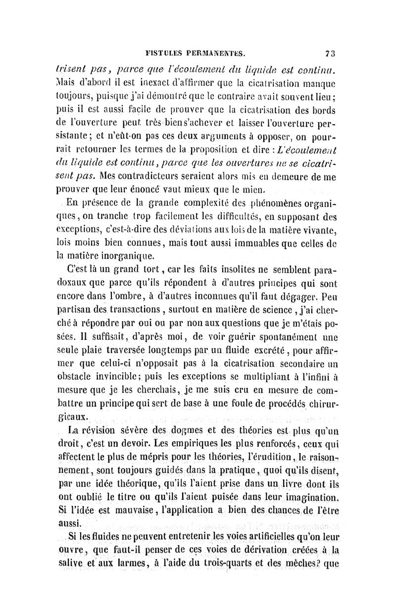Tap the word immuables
click(x=264, y=242)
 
